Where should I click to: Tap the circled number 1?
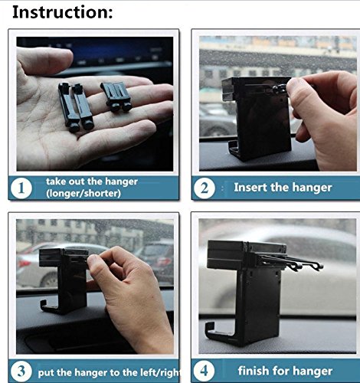[21, 188]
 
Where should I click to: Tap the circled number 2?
[205, 188]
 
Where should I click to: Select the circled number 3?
[21, 372]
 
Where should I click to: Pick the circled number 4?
[204, 371]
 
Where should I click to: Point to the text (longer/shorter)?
[83, 193]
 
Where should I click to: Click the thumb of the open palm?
[44, 61]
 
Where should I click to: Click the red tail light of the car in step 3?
[21, 264]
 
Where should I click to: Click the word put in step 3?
[46, 373]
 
